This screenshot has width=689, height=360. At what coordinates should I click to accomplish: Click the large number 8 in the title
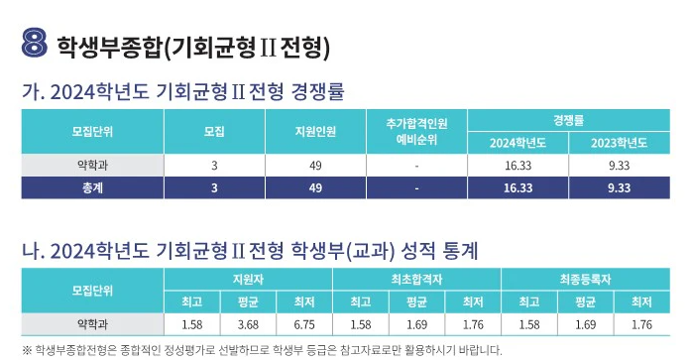(x=35, y=44)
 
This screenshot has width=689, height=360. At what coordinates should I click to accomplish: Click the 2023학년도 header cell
(x=619, y=143)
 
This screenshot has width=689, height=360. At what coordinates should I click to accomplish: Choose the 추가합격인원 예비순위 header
(x=417, y=131)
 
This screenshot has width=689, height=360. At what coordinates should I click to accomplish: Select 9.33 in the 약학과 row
(x=619, y=165)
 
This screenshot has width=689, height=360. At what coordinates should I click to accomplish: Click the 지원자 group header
(x=247, y=280)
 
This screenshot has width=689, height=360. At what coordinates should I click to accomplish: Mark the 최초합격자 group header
(x=416, y=280)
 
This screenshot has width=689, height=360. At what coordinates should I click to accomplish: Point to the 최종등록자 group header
(x=585, y=280)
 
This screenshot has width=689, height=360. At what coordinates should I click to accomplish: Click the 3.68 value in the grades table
(x=247, y=323)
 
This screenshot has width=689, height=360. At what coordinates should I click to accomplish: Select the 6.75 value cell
(x=303, y=323)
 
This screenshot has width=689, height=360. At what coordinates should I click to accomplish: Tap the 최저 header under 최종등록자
(x=641, y=301)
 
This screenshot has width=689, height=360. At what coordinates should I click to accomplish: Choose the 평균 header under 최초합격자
(x=416, y=301)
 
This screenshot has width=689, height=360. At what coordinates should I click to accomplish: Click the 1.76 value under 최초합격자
(x=473, y=323)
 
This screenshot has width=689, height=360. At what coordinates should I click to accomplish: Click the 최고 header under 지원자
(x=191, y=301)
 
